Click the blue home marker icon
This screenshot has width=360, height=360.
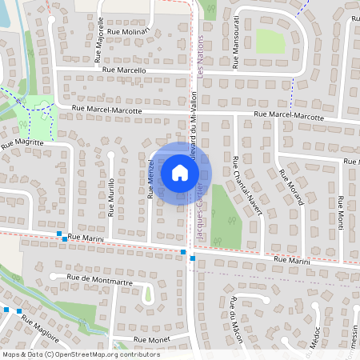tap(179, 173)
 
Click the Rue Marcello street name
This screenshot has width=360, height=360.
tap(124, 70)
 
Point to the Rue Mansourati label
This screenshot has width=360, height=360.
tap(237, 49)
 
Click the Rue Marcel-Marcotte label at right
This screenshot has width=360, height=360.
tap(289, 116)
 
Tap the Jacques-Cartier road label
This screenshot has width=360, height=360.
tap(198, 210)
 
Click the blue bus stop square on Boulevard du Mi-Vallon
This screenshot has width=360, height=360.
tap(183, 252)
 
